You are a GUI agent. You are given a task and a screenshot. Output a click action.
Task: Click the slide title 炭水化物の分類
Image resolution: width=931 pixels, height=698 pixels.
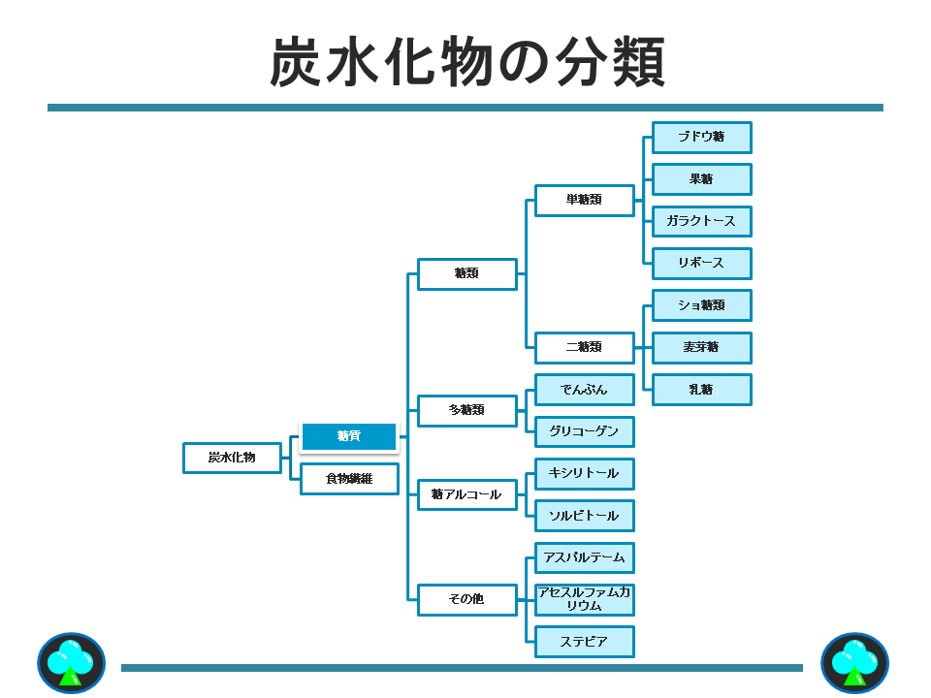coord(466,63)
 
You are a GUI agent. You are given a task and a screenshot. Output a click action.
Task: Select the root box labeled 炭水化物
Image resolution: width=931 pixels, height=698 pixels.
coord(232,458)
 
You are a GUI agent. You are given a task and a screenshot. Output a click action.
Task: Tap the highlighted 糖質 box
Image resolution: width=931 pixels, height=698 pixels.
coord(349,437)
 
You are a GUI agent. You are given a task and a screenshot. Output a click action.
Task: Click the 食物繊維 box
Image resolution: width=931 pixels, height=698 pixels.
coord(349,479)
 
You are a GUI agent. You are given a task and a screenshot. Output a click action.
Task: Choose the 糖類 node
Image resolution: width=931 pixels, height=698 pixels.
coord(466,273)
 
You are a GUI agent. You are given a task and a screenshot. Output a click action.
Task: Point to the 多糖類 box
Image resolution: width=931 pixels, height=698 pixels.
coord(466,410)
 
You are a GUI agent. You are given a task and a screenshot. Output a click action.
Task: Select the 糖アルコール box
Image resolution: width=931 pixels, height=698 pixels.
coord(466,494)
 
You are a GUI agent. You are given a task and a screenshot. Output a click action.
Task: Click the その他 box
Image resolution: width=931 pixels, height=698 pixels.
coord(466,599)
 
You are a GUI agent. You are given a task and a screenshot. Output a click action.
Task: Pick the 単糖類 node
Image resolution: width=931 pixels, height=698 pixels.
coord(584,200)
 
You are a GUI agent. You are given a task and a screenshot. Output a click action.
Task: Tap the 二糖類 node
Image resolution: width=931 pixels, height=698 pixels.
coord(584,347)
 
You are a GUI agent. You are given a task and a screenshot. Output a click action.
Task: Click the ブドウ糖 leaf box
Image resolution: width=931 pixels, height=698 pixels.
coord(701,137)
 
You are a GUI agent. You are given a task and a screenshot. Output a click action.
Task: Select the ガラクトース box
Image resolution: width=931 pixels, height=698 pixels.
coord(701,221)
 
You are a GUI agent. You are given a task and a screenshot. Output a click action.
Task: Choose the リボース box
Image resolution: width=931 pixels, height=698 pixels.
coord(701,263)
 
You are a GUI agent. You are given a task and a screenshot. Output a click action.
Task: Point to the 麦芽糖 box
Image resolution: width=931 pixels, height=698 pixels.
coord(701,347)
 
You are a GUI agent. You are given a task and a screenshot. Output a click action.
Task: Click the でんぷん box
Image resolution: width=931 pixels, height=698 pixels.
coord(584,390)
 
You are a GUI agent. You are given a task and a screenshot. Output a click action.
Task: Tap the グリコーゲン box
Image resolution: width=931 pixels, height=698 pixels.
coord(584,431)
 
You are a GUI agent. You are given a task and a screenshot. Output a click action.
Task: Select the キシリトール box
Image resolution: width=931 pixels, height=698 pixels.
coord(584,473)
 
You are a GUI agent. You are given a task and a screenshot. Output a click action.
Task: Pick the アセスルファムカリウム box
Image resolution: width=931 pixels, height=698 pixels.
coord(584,599)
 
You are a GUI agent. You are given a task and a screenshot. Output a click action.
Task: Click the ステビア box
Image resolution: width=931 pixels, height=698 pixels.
coord(584,642)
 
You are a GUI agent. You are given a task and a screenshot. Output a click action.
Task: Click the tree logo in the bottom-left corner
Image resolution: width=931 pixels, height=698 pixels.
coord(71,663)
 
